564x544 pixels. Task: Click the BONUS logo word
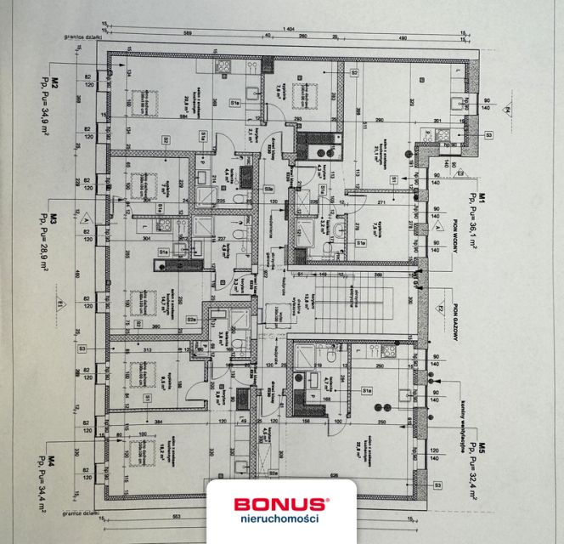point(282,504)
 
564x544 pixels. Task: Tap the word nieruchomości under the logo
point(282,519)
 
